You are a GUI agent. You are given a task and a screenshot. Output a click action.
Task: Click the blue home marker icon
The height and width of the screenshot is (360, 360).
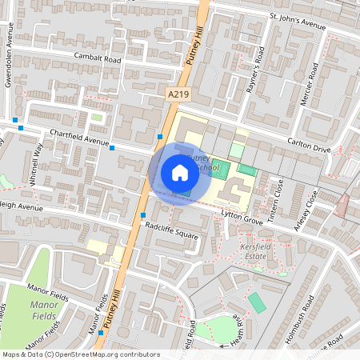(x=180, y=173)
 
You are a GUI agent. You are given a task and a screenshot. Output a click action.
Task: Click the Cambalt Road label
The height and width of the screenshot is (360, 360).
(x=97, y=59)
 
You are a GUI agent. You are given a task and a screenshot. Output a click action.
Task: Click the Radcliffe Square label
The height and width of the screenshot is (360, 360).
(x=171, y=234)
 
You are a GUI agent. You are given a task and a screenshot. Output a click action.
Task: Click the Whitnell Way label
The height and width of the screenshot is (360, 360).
(x=36, y=163)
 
